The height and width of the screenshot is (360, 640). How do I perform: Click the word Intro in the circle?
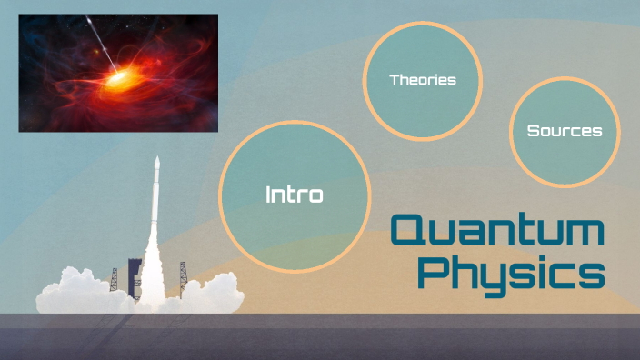tap(294, 195)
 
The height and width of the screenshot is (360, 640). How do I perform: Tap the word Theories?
tap(423, 80)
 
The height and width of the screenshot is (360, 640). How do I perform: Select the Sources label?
tap(565, 131)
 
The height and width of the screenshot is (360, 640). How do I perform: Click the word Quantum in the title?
tap(498, 231)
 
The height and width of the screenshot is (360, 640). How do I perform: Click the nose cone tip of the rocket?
tap(157, 159)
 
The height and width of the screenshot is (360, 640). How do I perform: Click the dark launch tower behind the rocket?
tap(135, 273)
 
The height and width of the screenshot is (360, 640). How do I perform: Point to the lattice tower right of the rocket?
tap(183, 273)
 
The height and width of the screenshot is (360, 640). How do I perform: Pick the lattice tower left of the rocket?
tap(114, 278)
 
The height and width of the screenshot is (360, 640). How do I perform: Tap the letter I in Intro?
tap(268, 195)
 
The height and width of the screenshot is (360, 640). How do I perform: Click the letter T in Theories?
tap(395, 80)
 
